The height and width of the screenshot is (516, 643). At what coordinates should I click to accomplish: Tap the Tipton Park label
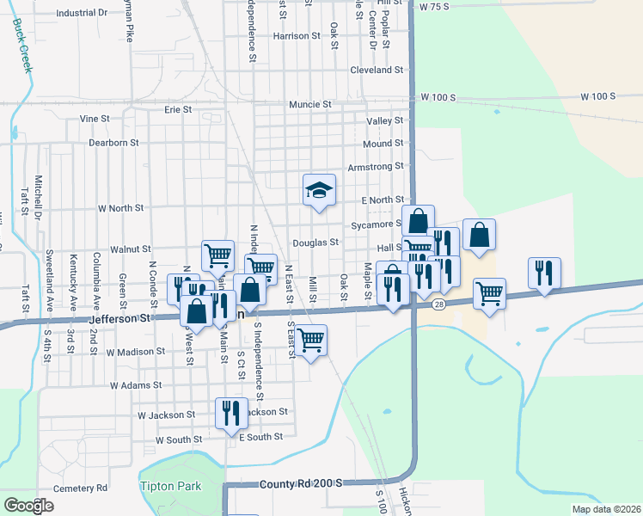170,486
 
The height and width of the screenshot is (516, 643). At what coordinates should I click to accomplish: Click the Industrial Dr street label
82,14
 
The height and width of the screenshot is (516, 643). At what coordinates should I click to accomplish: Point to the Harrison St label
296,36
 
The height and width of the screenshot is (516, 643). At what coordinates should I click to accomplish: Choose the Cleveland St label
377,70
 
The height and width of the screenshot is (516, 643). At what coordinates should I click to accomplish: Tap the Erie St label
178,109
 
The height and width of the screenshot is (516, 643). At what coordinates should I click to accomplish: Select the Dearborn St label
113,143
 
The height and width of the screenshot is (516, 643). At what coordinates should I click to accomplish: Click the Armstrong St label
375,166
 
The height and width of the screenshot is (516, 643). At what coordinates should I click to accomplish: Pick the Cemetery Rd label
77,488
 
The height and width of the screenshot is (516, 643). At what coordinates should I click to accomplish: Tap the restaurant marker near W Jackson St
230,413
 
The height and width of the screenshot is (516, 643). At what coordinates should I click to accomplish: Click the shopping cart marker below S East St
311,340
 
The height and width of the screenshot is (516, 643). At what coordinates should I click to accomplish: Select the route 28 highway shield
438,304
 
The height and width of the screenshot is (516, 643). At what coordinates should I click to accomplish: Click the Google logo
28,505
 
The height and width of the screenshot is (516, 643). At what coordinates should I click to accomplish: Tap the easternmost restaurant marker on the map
544,273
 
